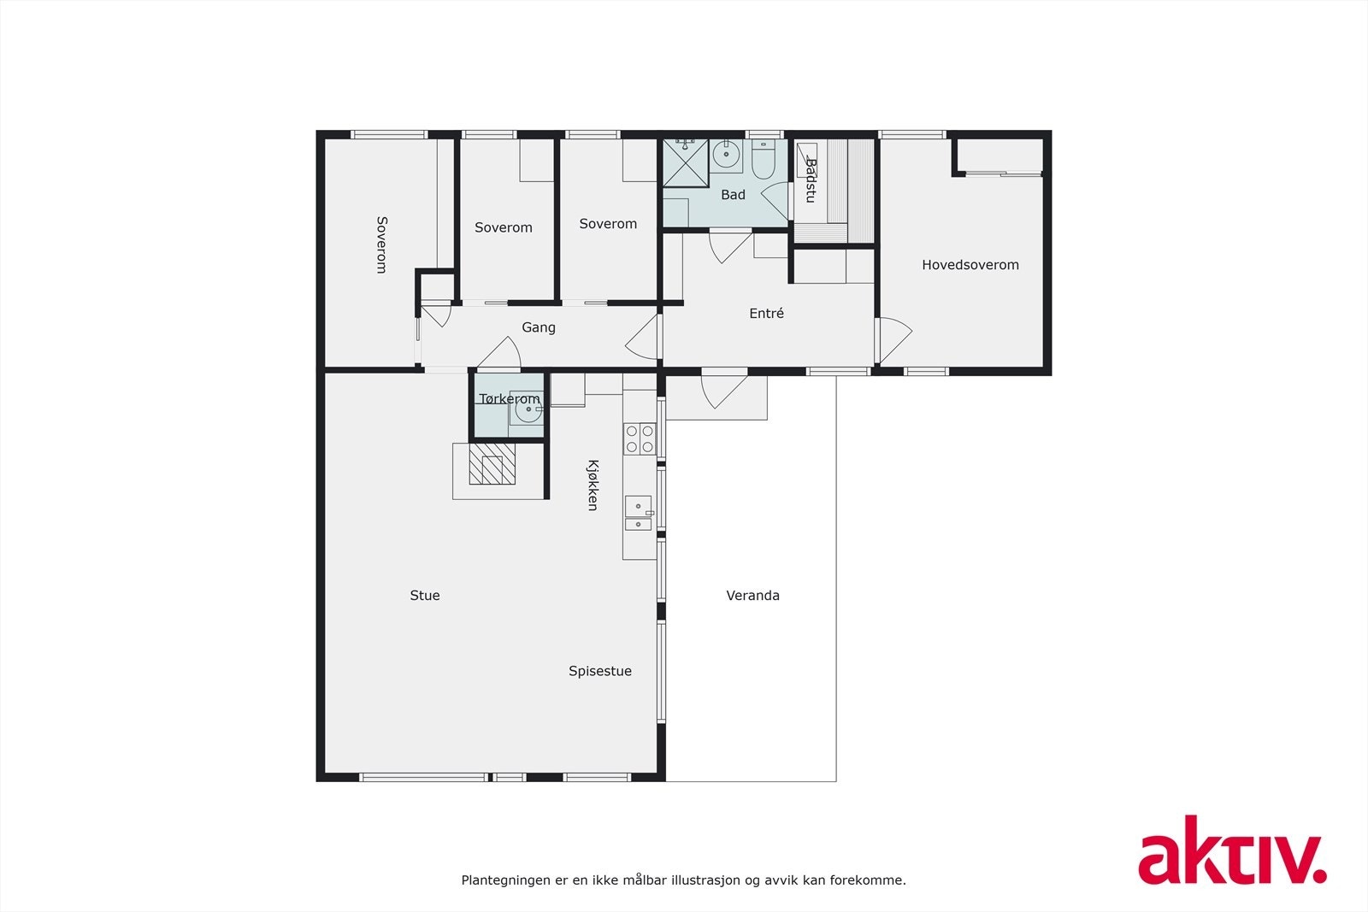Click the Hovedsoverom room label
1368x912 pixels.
970,265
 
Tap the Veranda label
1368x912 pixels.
752,596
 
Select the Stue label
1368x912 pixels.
425,596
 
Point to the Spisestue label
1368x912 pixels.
600,671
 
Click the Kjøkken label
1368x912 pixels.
592,485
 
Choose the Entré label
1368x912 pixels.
766,314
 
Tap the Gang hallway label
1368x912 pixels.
539,327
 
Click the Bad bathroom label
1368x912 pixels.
733,195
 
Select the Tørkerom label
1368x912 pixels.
510,399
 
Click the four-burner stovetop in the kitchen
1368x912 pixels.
639,438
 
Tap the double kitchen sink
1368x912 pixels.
638,514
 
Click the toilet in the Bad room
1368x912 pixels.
763,159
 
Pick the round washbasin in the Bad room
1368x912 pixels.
727,156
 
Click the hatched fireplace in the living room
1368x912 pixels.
492,464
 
